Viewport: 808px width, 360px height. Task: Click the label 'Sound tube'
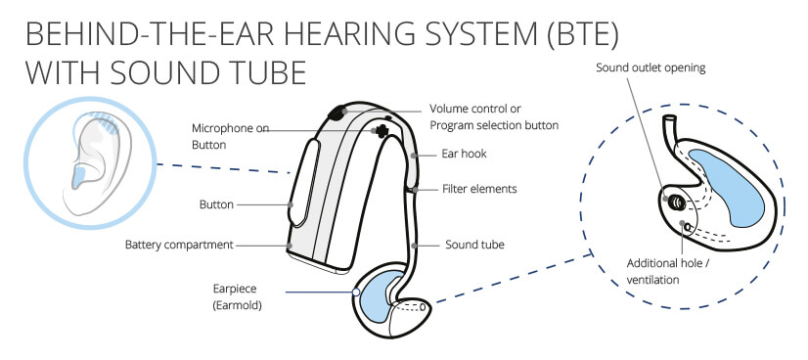(x=474, y=245)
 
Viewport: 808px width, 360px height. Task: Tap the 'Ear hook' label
(x=464, y=154)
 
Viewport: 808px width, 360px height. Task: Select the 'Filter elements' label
(x=479, y=189)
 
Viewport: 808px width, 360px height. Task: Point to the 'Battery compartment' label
(x=179, y=245)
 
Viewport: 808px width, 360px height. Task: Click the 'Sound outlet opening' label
(x=651, y=67)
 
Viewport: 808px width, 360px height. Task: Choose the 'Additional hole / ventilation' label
(x=668, y=271)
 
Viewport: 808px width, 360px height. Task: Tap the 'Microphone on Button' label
(x=230, y=137)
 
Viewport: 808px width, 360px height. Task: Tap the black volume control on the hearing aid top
(x=338, y=112)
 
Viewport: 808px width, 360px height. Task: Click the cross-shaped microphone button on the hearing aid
(x=381, y=131)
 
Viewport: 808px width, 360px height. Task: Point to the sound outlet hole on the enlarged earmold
(x=676, y=202)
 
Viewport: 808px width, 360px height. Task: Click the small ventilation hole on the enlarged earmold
(x=687, y=226)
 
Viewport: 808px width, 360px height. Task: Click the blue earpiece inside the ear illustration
(x=79, y=178)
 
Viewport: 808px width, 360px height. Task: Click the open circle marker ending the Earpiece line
(x=355, y=292)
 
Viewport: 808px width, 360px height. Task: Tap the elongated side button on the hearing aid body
(x=303, y=183)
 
